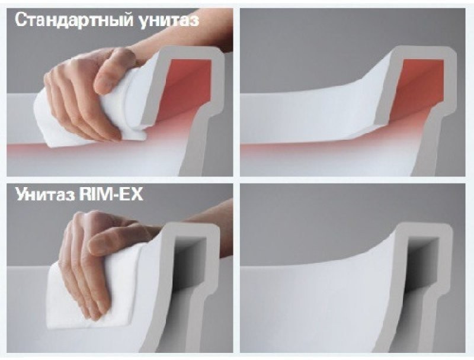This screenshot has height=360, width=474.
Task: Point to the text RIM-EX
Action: pyautogui.click(x=110, y=194)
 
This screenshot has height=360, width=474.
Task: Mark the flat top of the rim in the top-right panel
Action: pyautogui.click(x=423, y=52)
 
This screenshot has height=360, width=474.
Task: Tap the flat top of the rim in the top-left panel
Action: pyautogui.click(x=194, y=52)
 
